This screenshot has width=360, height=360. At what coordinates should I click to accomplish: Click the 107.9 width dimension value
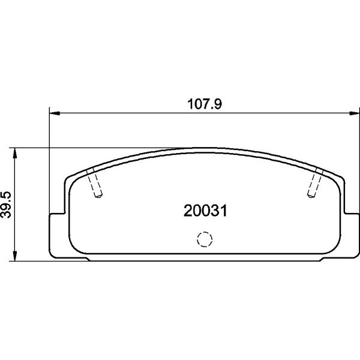coord(205,104)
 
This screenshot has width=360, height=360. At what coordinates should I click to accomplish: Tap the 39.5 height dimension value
coord(6,205)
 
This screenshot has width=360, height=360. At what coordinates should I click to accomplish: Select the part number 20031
coord(205,211)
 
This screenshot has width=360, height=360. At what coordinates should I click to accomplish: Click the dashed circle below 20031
coord(205,239)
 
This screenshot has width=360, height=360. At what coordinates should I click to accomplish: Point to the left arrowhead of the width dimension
coord(55,113)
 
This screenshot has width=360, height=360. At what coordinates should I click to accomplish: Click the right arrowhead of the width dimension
coord(354,113)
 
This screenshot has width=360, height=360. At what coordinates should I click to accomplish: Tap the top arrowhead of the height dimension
coord(14,153)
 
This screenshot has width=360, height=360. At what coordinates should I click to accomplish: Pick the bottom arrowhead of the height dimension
coord(14,256)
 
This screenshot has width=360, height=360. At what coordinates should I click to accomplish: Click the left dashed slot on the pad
coord(94,182)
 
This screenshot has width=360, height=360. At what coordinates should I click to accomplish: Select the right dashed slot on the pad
coord(315,182)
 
